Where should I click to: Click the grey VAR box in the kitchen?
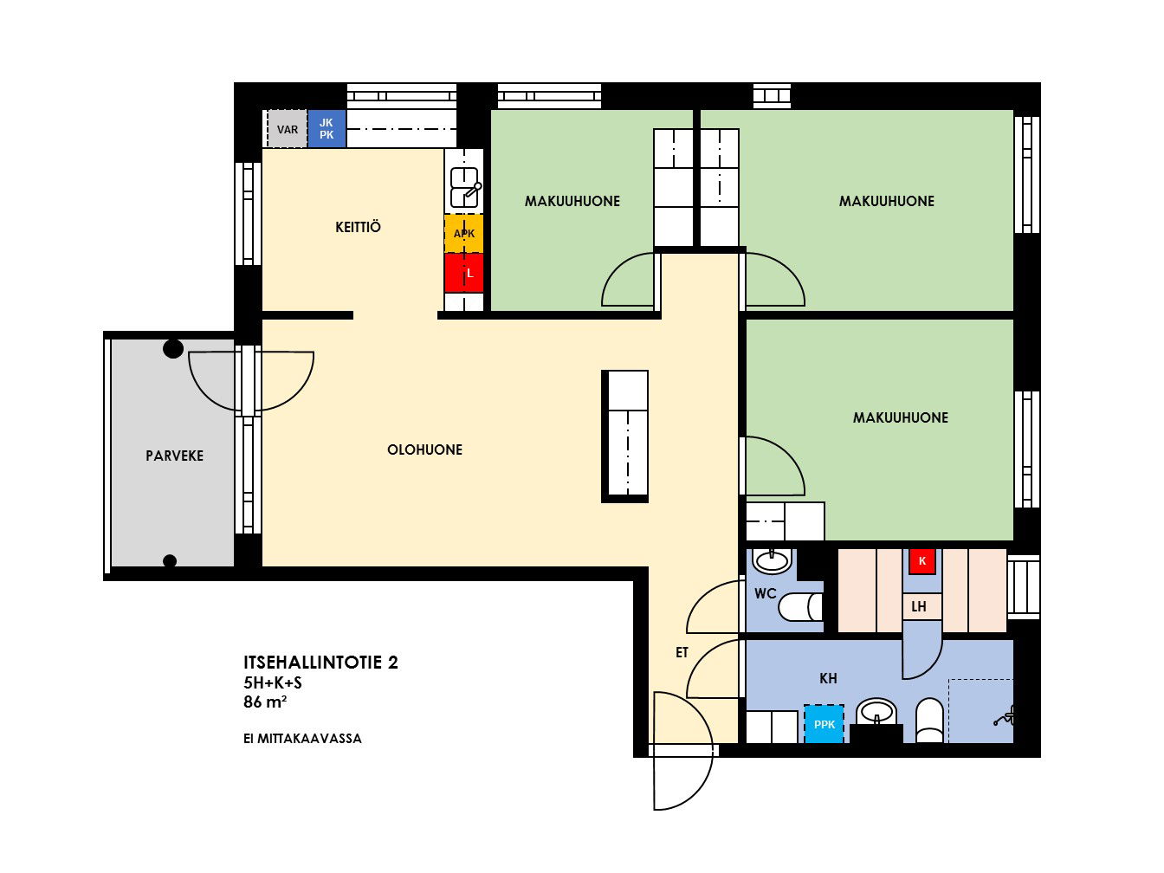click(287, 129)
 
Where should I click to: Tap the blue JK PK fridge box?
click(327, 129)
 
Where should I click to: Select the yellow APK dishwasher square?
click(463, 233)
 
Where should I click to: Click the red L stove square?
click(463, 273)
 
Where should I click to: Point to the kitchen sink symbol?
click(465, 187)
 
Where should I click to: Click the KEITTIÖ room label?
click(358, 228)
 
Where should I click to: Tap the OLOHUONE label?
click(424, 450)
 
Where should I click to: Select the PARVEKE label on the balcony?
click(174, 456)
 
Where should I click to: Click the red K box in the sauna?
click(922, 561)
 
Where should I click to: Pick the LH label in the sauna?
click(919, 606)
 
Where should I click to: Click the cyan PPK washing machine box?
click(824, 724)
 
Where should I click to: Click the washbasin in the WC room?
click(773, 561)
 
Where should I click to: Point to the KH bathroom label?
click(828, 678)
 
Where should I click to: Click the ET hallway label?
click(682, 652)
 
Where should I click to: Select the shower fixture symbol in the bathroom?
click(1005, 717)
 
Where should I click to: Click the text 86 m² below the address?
click(265, 702)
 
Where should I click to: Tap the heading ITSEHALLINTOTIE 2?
click(320, 663)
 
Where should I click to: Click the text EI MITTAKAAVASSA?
click(302, 739)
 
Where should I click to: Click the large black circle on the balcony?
click(173, 349)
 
